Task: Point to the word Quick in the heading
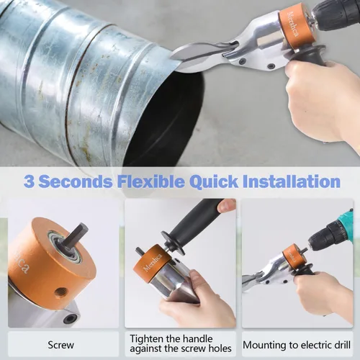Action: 214,181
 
